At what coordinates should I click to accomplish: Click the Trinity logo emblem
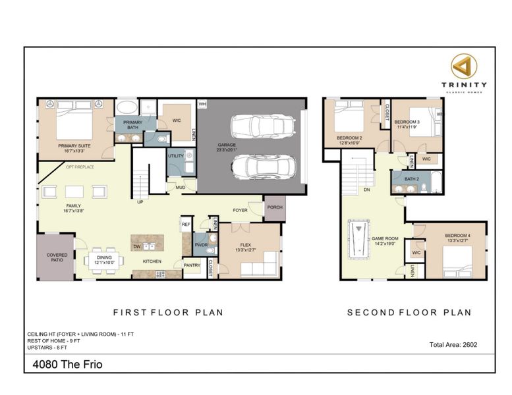464,66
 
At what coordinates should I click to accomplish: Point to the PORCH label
274,207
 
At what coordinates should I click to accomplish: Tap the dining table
105,259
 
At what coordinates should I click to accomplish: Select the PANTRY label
191,266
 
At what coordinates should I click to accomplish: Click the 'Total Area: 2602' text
453,344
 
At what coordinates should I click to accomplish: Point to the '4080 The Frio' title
67,363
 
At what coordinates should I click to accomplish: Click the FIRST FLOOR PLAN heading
168,312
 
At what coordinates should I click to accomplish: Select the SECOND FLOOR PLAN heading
409,312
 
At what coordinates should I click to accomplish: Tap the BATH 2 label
412,178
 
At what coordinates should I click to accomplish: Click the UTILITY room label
175,156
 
